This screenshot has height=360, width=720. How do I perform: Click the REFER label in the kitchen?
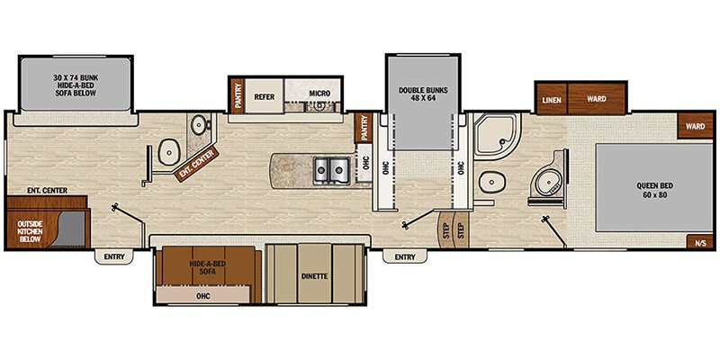pos(264,93)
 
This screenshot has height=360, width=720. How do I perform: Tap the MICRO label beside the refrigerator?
pos(318,93)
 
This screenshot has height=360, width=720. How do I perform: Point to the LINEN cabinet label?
pos(551,98)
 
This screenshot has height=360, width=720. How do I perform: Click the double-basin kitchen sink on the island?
pos(329,167)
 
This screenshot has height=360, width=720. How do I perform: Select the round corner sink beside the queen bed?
pos(547,184)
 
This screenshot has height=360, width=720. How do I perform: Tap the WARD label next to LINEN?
pos(595,98)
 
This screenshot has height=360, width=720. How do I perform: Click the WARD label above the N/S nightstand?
pos(694,127)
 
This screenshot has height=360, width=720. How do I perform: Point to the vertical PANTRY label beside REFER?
pos(238,94)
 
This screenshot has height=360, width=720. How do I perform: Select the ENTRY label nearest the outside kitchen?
pos(114,257)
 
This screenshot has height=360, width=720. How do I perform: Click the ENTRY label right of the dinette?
pos(404,257)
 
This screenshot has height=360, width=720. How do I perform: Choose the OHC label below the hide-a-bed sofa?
pos(202,293)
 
